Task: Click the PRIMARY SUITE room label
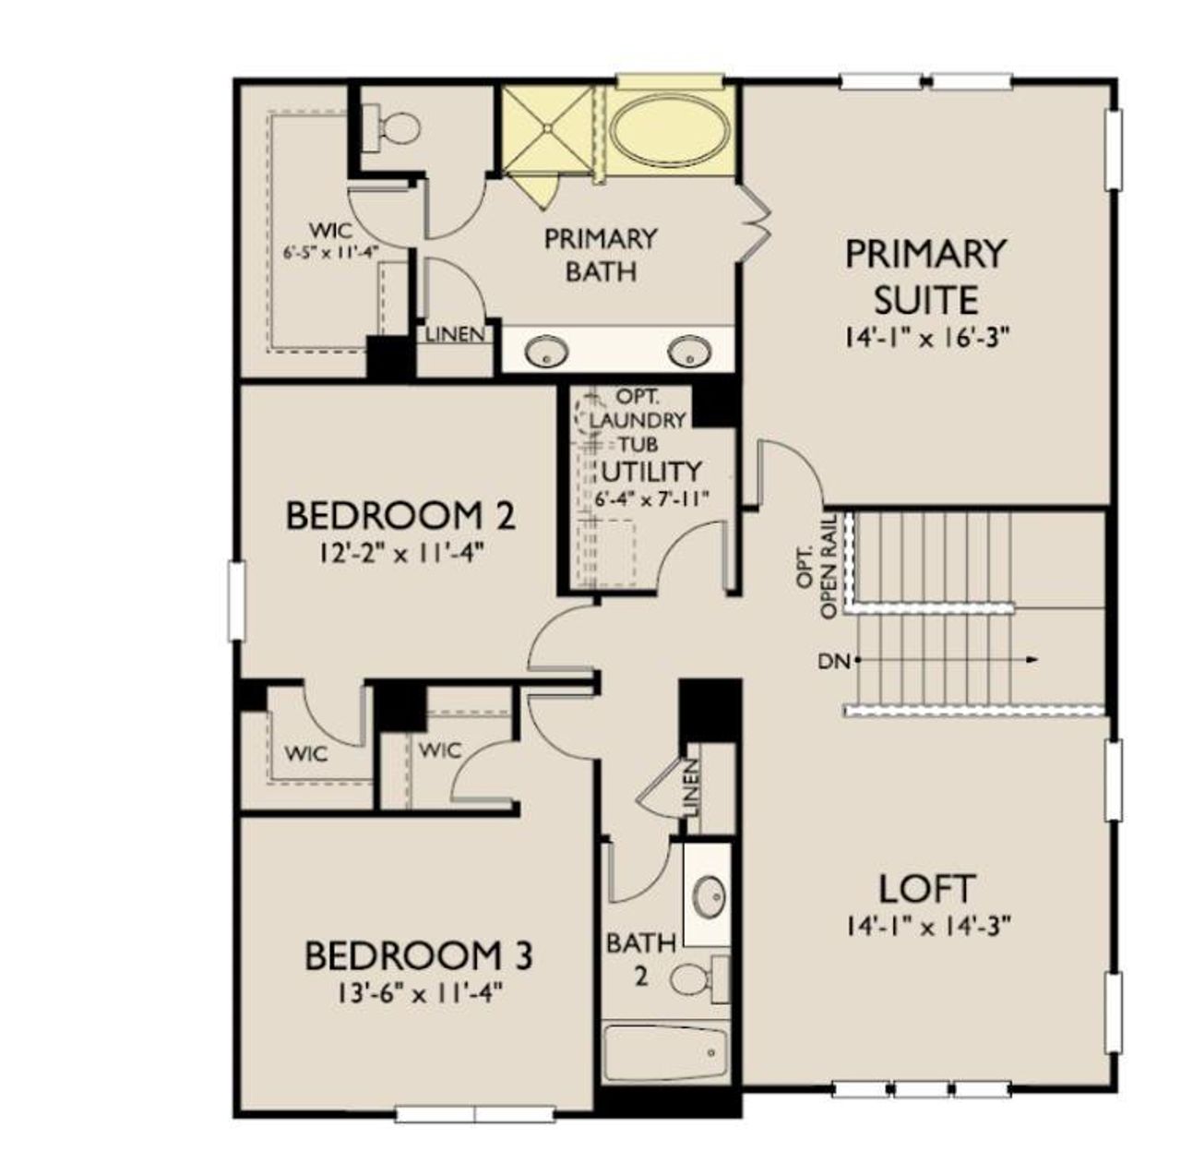tap(925, 276)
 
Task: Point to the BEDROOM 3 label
tap(418, 955)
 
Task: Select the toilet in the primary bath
tap(390, 127)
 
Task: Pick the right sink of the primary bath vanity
tap(689, 351)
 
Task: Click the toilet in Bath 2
tap(695, 977)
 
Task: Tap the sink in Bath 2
tap(710, 894)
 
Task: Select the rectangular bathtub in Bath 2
tap(663, 1051)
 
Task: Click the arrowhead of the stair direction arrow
tap(1032, 659)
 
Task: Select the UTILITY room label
tap(650, 471)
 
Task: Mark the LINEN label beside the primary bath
tap(454, 333)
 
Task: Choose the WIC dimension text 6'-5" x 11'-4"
tap(332, 250)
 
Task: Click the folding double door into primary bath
tap(757, 222)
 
